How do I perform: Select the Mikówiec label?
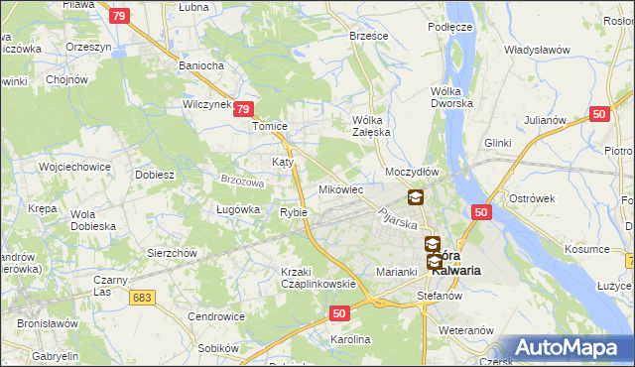340,188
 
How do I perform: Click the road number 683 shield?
144,298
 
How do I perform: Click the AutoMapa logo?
567,348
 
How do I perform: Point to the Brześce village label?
368,35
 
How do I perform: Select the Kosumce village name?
583,249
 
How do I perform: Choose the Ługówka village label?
238,209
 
